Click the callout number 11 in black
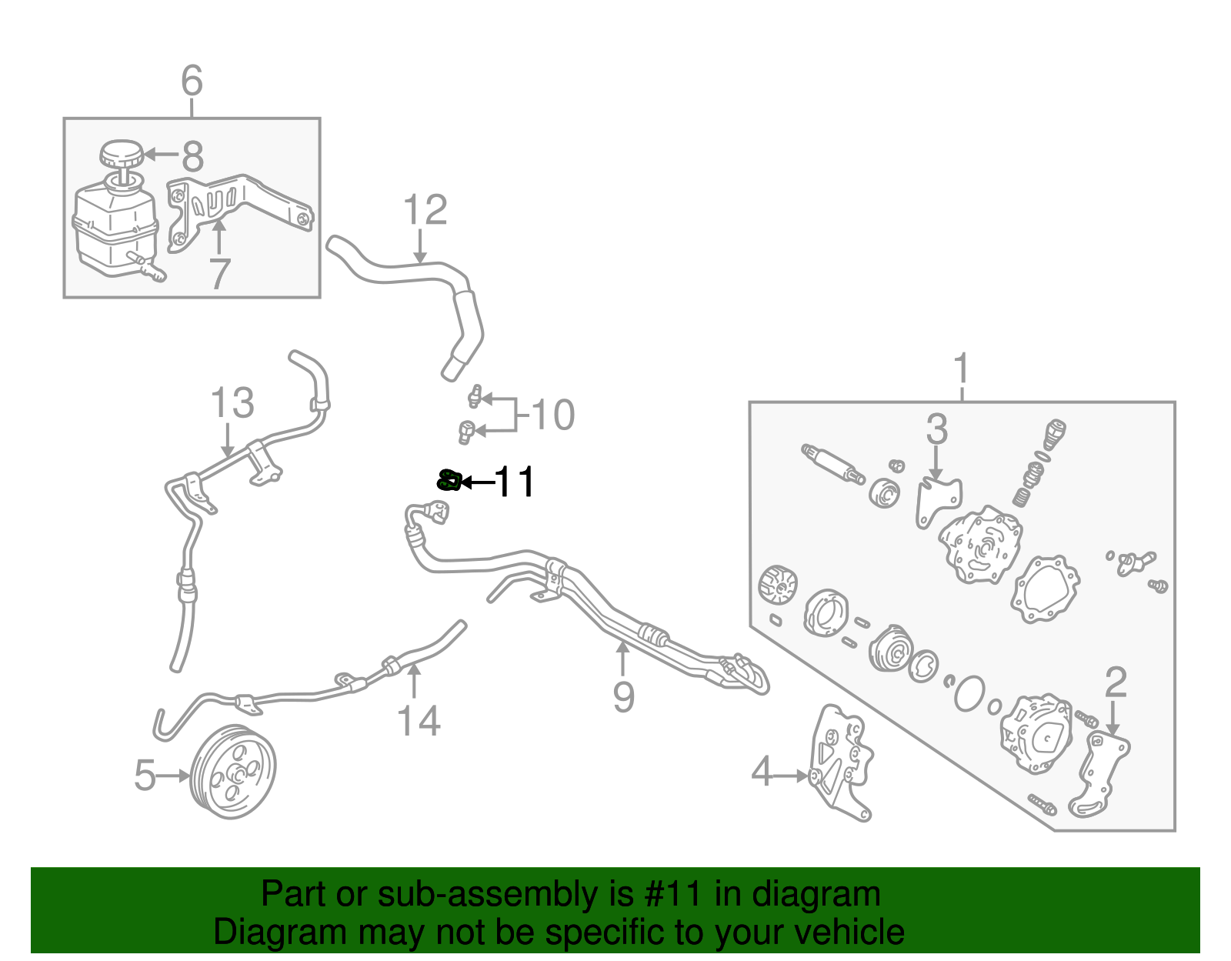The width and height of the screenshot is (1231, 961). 514,482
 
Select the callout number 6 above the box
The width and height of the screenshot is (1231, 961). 192,81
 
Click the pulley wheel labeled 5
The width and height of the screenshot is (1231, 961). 233,772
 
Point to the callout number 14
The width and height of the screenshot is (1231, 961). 419,722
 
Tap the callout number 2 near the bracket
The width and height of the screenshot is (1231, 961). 1116,682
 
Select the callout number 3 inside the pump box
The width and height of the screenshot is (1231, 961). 936,429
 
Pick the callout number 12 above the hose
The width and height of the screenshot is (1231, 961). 425,210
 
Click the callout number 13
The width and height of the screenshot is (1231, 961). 232,403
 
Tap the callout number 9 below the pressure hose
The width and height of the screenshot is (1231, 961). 624,697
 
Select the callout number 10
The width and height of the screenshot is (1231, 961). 552,415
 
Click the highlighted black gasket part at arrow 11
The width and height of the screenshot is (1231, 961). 448,482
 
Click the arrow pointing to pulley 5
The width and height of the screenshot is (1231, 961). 174,776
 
